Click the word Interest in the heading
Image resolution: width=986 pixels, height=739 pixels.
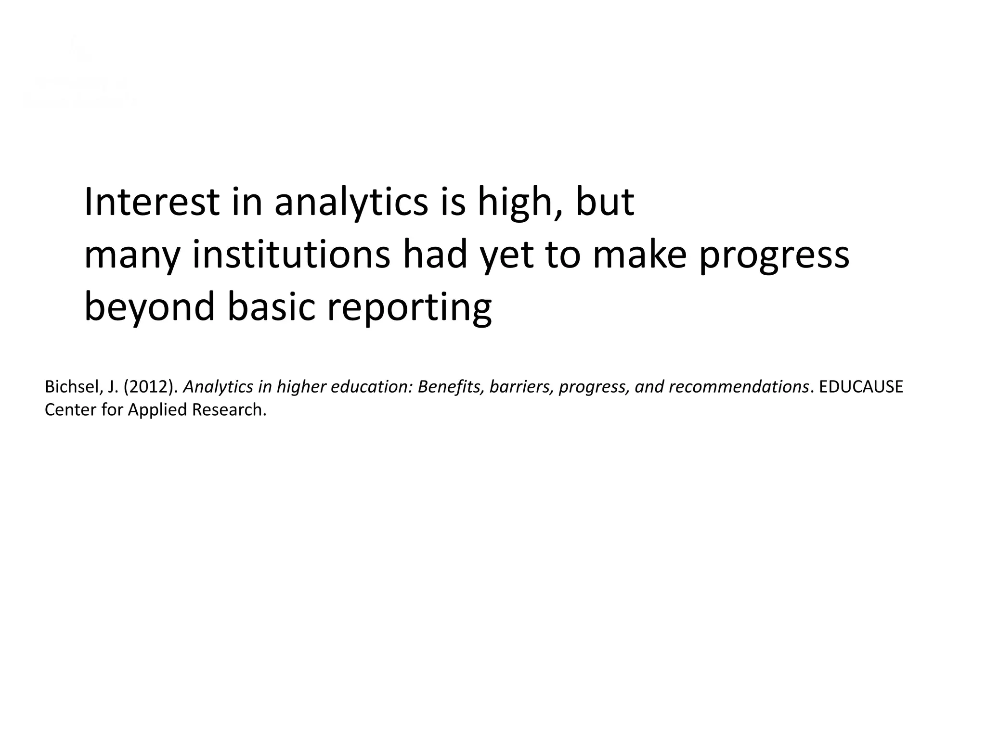point(152,202)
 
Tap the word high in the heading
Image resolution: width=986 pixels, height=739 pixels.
point(519,202)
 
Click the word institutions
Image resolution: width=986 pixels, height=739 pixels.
point(291,255)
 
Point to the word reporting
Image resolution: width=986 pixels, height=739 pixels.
point(409,308)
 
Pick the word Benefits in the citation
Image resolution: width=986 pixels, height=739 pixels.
point(451,387)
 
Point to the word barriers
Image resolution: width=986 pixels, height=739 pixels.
point(521,387)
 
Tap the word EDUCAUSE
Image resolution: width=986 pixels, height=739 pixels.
point(861,387)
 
